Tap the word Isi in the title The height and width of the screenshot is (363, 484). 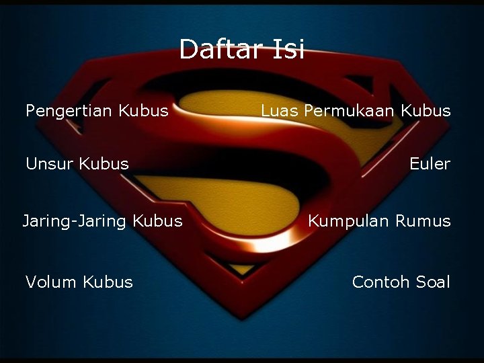click(x=288, y=49)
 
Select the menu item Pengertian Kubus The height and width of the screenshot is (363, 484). click(x=97, y=111)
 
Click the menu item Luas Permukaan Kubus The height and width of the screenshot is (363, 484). click(x=356, y=111)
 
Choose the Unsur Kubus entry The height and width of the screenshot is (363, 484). click(x=77, y=163)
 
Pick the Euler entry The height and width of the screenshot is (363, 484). click(x=430, y=164)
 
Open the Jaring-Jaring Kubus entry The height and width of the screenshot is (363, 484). click(x=102, y=220)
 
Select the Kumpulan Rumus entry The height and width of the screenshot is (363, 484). click(x=379, y=220)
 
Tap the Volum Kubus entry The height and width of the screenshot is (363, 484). click(x=79, y=282)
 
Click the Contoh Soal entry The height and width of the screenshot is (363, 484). click(x=401, y=282)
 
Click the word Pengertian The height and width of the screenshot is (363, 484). click(x=69, y=111)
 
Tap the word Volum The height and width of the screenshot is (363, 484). click(x=51, y=282)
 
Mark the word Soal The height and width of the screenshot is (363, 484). click(x=433, y=282)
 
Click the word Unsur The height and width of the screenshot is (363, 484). click(x=50, y=163)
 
